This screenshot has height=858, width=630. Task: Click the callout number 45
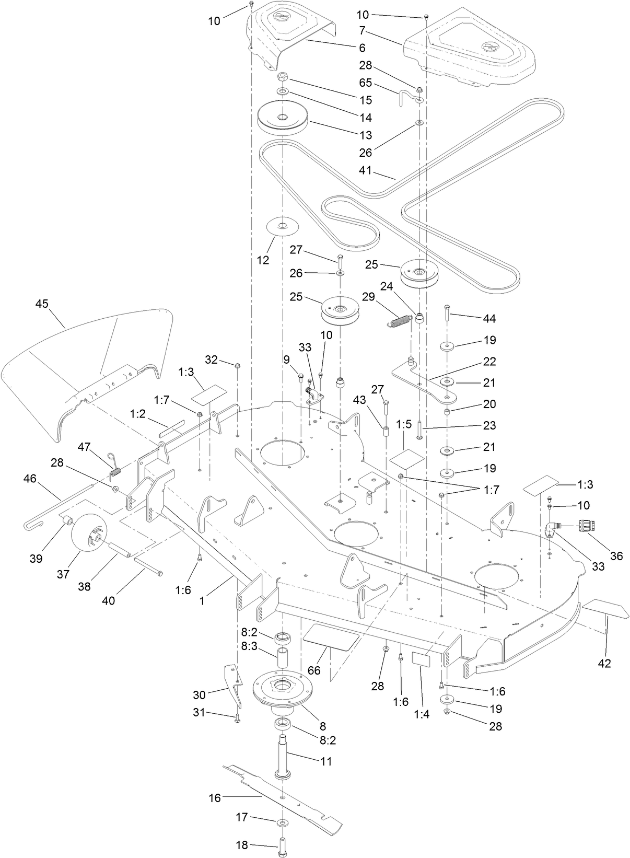(42, 304)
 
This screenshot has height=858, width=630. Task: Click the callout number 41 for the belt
(366, 170)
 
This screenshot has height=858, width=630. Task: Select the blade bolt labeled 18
(283, 848)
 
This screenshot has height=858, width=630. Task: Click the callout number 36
(616, 556)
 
